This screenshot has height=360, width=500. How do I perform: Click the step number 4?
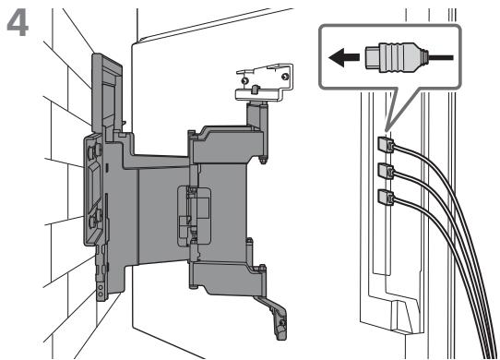pos(18,24)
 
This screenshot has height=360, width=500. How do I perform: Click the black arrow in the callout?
pos(344,58)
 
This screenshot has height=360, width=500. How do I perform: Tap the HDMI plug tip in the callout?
pos(372,58)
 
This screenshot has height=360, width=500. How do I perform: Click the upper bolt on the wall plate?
pos(95,150)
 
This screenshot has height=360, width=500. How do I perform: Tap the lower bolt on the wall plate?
pos(95,219)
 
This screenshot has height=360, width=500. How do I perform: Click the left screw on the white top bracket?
pos(244,80)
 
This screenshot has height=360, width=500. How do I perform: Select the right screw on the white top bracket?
pos(285,77)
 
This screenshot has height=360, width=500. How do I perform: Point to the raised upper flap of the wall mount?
pos(106,93)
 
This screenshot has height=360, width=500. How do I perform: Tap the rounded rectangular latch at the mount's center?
pos(194,216)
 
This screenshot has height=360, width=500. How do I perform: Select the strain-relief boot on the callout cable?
pos(424,58)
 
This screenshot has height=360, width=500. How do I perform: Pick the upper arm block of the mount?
pos(227,144)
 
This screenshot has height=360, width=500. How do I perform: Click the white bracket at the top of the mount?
pos(264,83)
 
